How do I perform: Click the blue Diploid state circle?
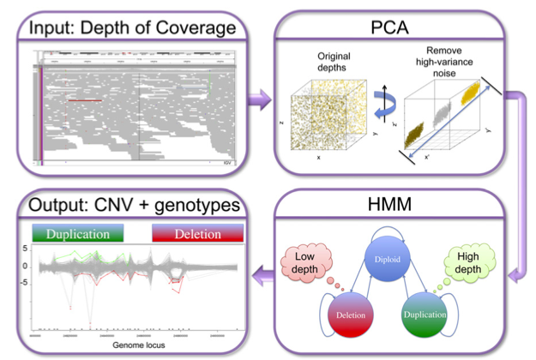[x=394, y=255]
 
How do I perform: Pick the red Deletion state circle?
[x=348, y=315]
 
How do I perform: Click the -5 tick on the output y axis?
[x=25, y=281]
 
